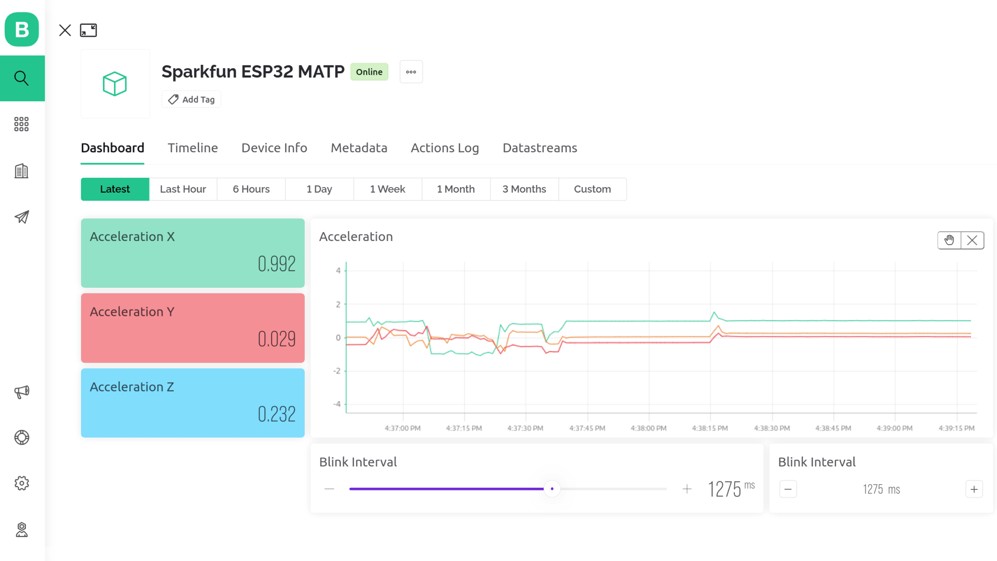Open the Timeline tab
pos(193,148)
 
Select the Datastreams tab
pos(540,148)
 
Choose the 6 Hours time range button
pos(251,189)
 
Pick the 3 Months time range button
pos(524,189)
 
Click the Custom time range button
pos(592,189)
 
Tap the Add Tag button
pos(191,99)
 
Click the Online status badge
pos(369,72)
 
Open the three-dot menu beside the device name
pos(411,72)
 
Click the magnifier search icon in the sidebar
pos(22,78)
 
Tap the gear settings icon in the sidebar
pos(22,483)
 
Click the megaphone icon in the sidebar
pos(22,392)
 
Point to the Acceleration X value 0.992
pos(277,264)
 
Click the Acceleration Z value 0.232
pos(277,414)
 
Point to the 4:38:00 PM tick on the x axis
pos(649,428)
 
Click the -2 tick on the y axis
pos(337,371)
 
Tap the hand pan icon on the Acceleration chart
pos(949,240)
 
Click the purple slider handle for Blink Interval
pos(552,489)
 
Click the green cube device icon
pos(115,84)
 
